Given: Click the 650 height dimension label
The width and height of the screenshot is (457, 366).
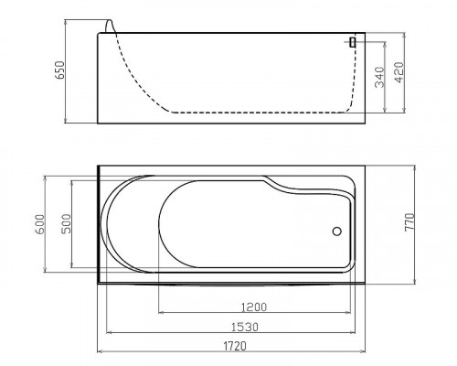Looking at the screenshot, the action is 60,70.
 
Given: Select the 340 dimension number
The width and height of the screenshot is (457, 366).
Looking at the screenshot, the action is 379,77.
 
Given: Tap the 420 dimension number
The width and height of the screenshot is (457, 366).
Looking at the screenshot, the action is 399,72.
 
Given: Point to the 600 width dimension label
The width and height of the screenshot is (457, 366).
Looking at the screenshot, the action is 40,224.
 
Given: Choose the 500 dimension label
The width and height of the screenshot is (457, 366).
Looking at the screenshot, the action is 66,224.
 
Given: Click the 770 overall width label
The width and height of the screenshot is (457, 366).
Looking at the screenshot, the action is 409,222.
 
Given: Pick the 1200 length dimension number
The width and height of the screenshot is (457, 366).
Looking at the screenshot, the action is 254,307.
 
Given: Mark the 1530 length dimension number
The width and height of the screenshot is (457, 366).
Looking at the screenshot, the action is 245,327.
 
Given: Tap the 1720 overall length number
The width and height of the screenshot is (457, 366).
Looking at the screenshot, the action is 235,346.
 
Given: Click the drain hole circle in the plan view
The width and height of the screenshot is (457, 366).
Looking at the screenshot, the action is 337,231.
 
